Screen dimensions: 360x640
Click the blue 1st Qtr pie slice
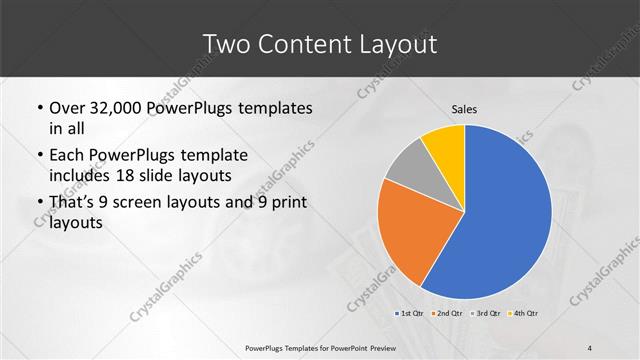click(505, 215)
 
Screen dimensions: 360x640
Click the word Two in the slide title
click(225, 44)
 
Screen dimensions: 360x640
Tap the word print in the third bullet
click(285, 203)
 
